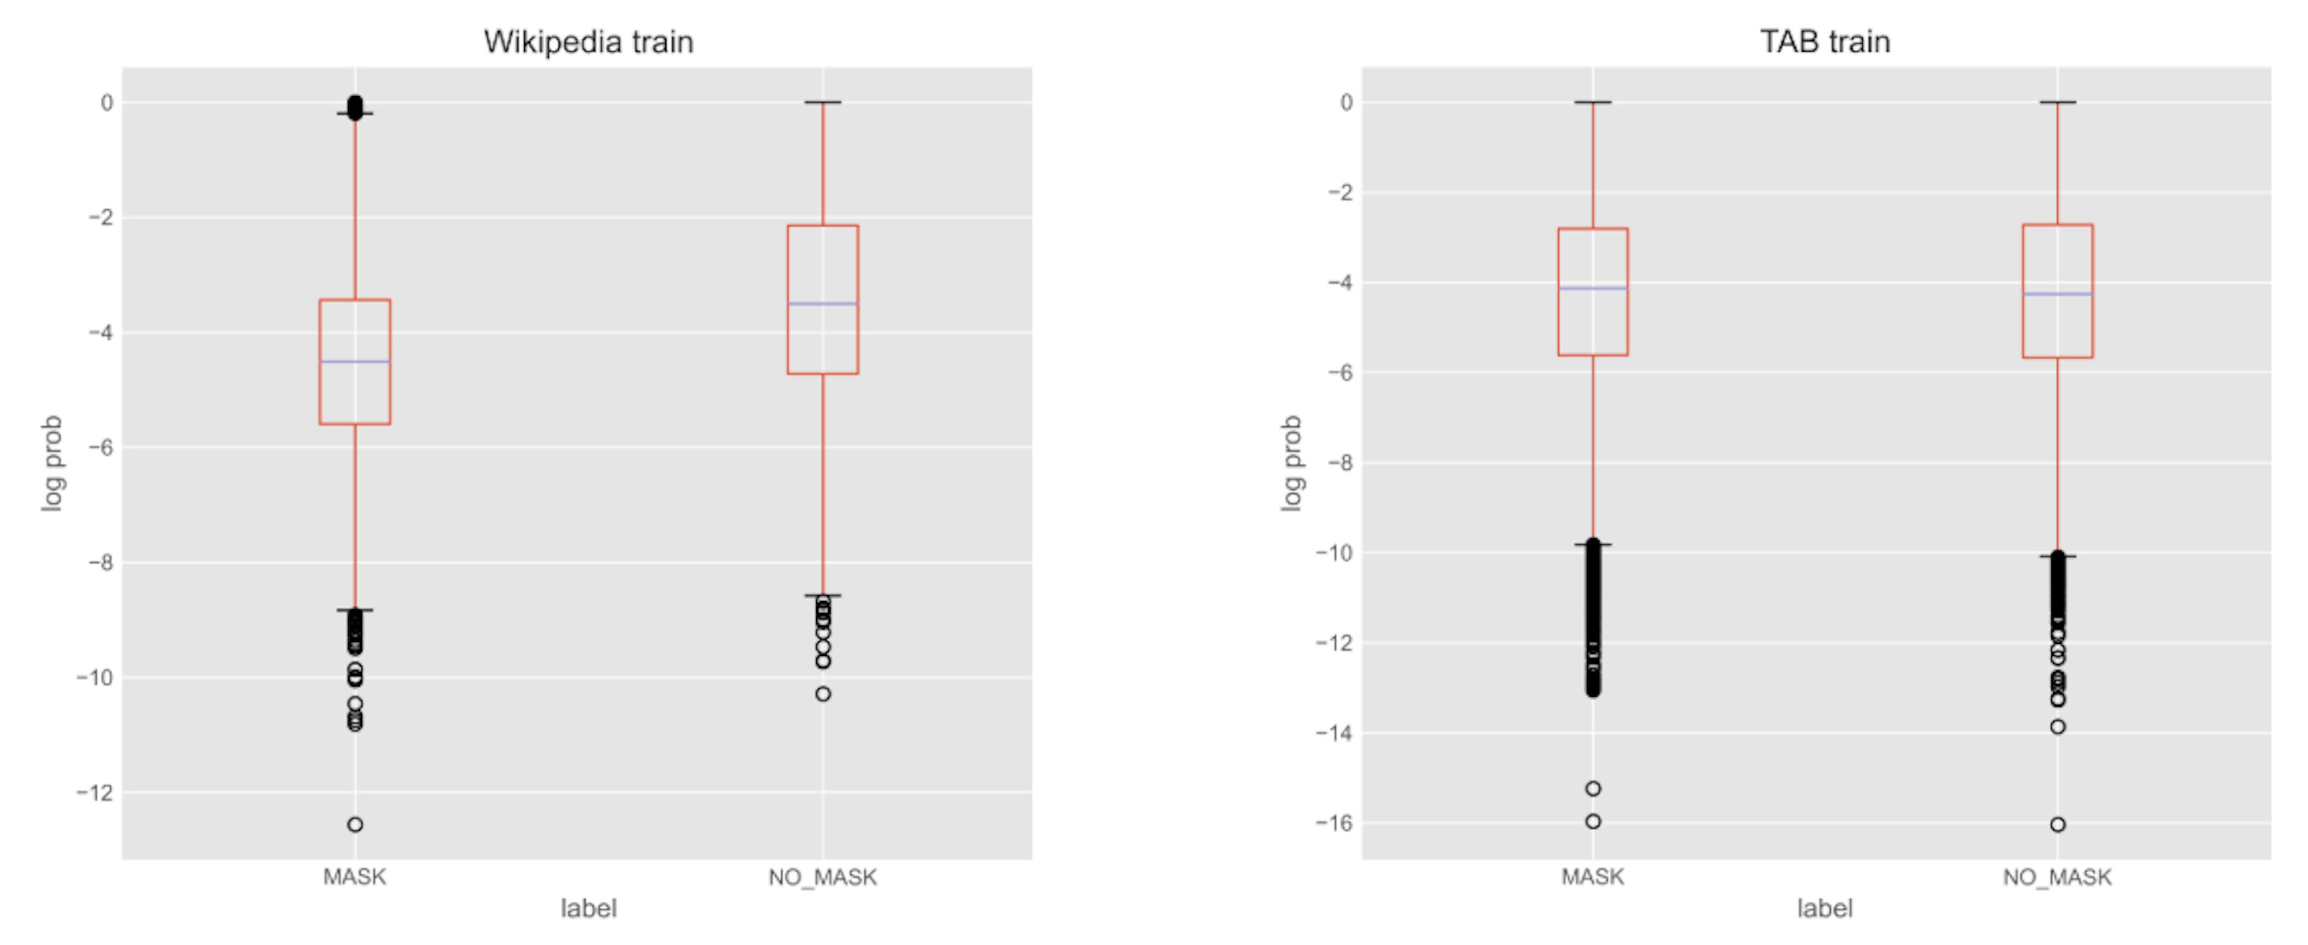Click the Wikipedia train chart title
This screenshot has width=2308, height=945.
coord(588,42)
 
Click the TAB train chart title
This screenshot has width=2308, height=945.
coord(1825,42)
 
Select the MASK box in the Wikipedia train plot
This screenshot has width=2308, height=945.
coord(355,394)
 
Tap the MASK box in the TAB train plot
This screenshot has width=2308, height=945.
coord(1593,322)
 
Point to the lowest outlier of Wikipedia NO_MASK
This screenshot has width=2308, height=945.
coord(822,693)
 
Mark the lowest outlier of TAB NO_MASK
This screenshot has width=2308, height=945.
coord(2058,824)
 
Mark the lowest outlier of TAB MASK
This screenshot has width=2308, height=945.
coord(1593,821)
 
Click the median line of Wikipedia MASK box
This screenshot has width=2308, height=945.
coord(355,362)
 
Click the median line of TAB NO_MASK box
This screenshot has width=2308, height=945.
coord(2057,294)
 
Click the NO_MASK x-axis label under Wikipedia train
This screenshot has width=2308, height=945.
coord(822,877)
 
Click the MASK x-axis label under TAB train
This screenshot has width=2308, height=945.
coord(1593,877)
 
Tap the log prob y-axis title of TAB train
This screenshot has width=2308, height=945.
coord(1291,463)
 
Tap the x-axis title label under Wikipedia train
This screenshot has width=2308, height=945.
coord(588,908)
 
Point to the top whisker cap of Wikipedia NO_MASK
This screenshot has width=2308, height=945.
coord(822,102)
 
